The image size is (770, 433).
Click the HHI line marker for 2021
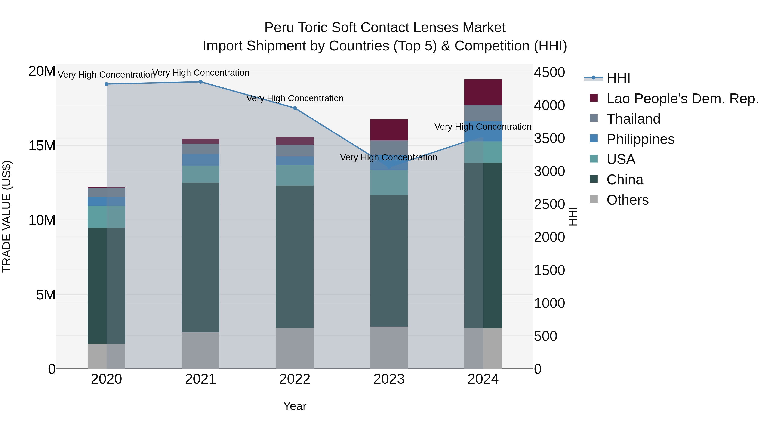point(201,82)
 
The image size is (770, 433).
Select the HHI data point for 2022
point(295,108)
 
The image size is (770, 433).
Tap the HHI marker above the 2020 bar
point(107,84)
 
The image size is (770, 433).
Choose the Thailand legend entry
point(633,119)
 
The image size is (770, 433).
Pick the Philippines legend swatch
point(594,139)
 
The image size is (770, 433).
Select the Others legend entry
point(627,200)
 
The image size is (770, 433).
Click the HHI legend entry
point(618,78)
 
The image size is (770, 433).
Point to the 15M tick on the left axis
point(42,146)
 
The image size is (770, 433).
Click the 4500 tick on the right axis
point(549,72)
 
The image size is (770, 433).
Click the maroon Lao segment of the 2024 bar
point(483,92)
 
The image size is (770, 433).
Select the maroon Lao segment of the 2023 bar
point(389,130)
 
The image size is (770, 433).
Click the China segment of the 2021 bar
point(201,257)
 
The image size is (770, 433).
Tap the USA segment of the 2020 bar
point(107,217)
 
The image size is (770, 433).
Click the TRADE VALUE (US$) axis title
point(7,217)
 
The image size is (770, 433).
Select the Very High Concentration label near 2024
point(483,127)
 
